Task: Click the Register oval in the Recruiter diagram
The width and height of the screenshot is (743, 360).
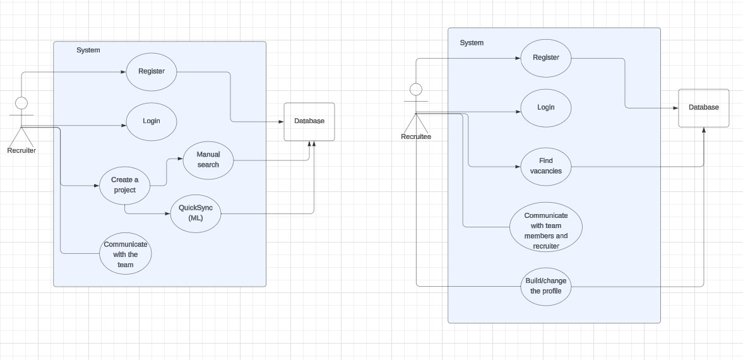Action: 152,71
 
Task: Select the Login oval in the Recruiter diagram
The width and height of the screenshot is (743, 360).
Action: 152,121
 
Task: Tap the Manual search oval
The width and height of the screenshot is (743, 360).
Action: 208,160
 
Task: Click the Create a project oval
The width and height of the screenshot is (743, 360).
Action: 125,185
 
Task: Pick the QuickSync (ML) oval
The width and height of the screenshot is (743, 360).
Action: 196,213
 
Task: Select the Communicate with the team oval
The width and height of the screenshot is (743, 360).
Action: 126,255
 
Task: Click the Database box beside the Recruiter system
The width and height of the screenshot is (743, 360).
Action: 309,121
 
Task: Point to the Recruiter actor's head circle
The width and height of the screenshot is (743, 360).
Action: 21,103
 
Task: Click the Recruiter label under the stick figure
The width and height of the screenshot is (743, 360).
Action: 21,150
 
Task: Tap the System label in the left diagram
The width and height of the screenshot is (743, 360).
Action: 88,50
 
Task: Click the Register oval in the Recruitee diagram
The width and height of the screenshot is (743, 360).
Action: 546,57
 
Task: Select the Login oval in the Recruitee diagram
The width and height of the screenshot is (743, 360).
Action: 546,107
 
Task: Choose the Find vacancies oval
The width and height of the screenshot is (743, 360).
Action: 546,166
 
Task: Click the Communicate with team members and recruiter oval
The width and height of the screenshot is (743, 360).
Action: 546,227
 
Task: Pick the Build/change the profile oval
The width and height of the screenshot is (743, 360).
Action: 546,286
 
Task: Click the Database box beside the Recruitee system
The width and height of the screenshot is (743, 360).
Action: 704,108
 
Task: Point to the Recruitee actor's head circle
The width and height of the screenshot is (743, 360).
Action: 415,88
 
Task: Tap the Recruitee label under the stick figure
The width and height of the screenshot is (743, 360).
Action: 416,136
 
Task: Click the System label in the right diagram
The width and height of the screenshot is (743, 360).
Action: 472,43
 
